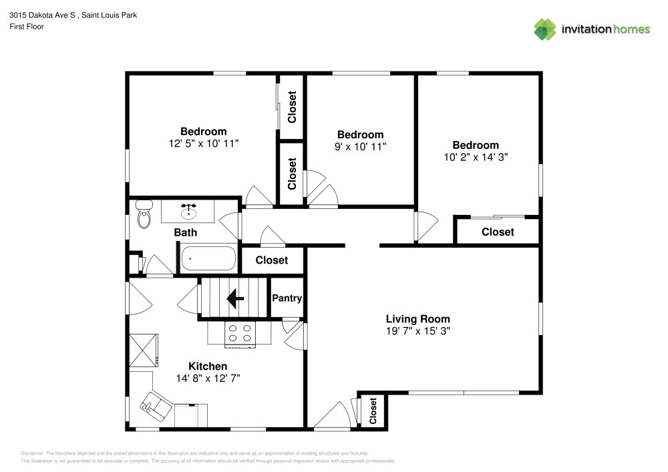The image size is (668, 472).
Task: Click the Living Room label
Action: pos(417,319)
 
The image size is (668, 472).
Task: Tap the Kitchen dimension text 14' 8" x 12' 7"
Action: pos(208,378)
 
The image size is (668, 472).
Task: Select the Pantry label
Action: pos(287,298)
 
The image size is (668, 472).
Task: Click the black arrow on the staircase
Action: pos(234,298)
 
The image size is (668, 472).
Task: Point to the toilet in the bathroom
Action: pos(144,215)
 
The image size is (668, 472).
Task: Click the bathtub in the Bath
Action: pos(208,258)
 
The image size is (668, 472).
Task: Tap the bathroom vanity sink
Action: pos(189,212)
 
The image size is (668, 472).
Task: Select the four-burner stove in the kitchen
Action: pos(240,333)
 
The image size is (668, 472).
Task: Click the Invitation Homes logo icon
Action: pos(545,29)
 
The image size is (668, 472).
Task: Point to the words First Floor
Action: pos(27,27)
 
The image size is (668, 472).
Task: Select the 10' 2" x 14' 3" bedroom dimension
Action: pos(475,158)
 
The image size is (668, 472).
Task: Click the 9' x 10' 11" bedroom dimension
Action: pos(360,146)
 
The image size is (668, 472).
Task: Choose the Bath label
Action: pos(186,232)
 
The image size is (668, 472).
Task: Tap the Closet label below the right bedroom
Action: pos(498,232)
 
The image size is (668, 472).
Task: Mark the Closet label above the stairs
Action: pos(272,260)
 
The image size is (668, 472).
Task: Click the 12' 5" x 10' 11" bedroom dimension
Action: pos(203,143)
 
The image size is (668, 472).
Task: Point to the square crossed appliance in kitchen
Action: pos(144,349)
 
